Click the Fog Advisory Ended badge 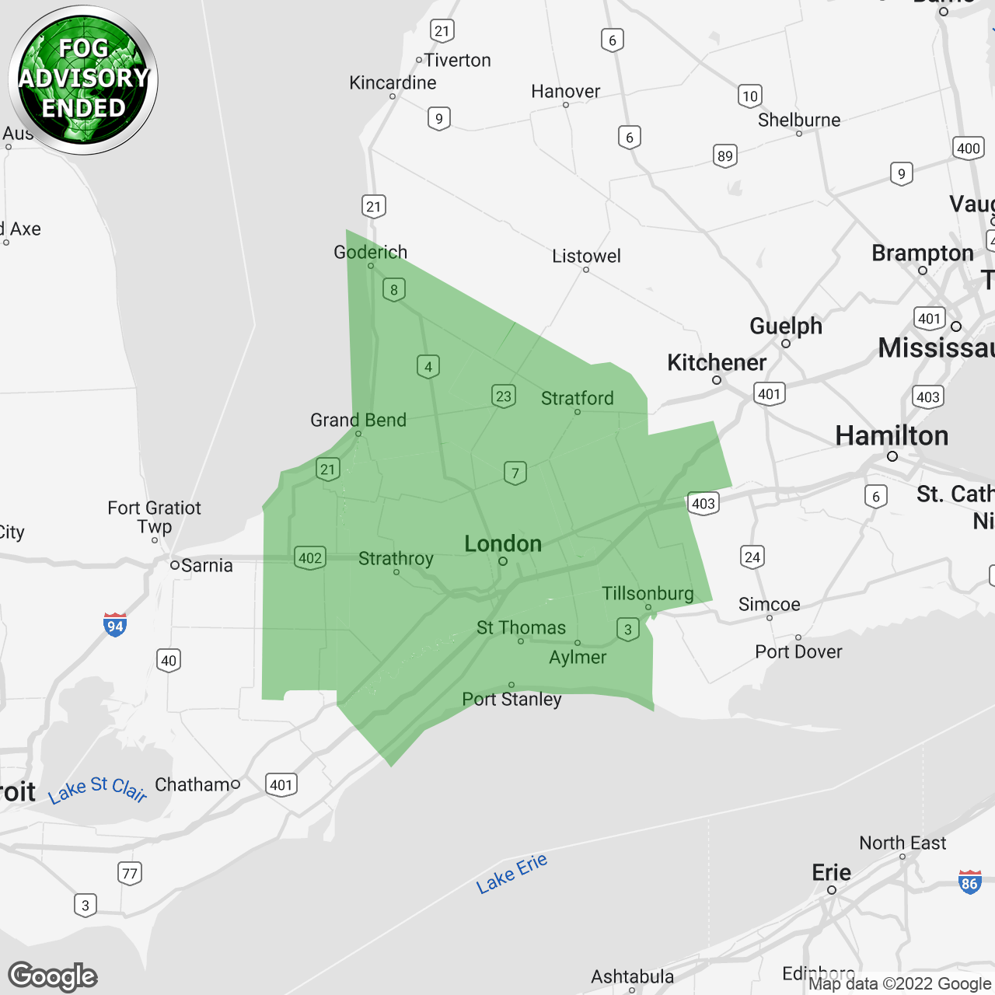pos(83,79)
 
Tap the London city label pos(503,543)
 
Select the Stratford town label pos(577,398)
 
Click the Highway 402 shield pos(310,557)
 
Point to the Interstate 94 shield pos(115,625)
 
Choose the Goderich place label pos(370,252)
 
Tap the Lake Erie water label pos(511,873)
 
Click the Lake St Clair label pos(97,788)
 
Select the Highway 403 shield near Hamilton pos(928,396)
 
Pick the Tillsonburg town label pos(648,593)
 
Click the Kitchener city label pos(717,362)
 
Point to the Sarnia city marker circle pos(175,565)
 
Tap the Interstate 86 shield pos(969,882)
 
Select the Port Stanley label pos(511,699)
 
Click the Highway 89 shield pos(725,155)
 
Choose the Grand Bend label pos(358,420)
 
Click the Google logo pos(53,976)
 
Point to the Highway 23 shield pos(504,396)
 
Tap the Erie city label pos(831,872)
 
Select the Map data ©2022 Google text pos(899,983)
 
